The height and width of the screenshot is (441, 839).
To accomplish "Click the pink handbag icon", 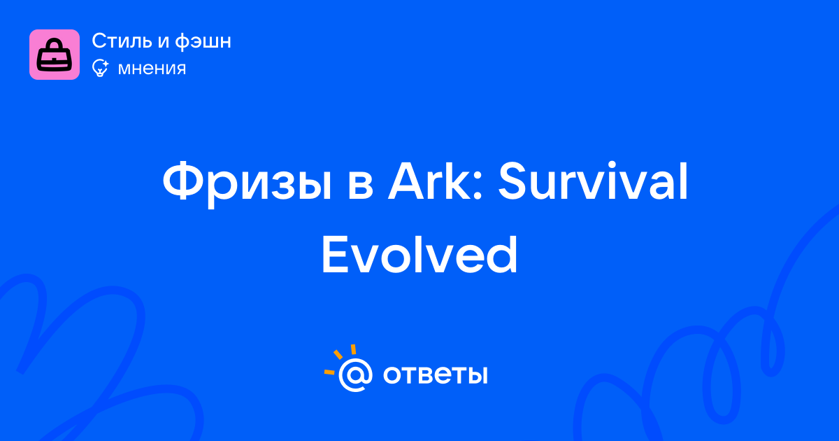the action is (55, 55).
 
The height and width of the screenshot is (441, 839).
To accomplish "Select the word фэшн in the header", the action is (203, 41).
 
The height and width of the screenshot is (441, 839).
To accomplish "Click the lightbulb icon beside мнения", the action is (100, 68).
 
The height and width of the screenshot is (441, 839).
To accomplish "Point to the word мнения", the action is (152, 69).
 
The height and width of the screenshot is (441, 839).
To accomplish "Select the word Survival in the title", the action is (593, 181).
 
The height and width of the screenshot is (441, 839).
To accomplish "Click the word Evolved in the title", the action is (419, 255).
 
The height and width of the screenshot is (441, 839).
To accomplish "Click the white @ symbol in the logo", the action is (355, 375).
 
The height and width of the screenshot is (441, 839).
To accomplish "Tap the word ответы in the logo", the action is (435, 374).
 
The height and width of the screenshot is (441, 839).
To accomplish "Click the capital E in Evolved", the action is (334, 255).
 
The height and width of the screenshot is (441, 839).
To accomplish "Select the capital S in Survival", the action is (512, 181).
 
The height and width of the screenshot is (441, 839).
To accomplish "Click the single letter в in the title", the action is (360, 186).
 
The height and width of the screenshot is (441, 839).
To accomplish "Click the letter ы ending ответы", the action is (478, 375).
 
